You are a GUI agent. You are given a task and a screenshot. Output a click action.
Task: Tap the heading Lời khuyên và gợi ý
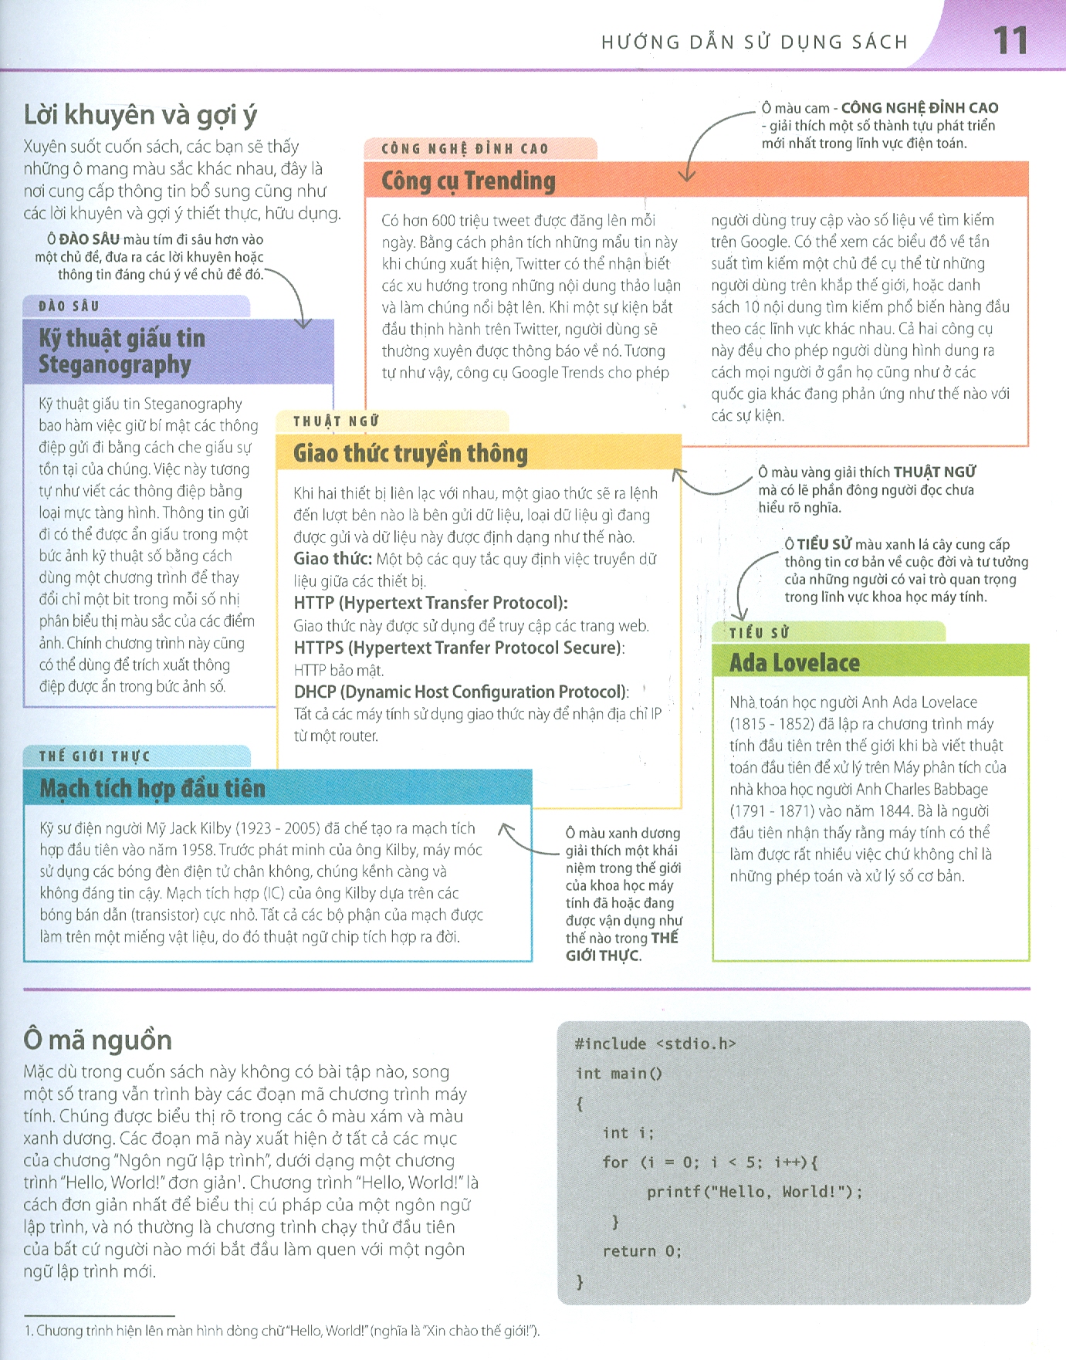pos(140,115)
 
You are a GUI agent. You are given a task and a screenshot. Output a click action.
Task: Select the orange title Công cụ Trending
pos(468,181)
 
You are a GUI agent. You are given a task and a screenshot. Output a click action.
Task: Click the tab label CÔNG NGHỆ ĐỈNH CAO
pos(465,148)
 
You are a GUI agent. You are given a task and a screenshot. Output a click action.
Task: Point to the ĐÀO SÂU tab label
pos(69,306)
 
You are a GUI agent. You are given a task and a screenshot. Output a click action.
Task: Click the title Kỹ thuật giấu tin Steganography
pos(122,350)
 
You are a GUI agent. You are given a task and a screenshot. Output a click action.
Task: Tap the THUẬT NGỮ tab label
pos(337,421)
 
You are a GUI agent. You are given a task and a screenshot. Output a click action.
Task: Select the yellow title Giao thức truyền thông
pos(410,453)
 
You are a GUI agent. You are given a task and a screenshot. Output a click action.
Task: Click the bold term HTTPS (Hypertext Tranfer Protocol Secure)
pos(459,648)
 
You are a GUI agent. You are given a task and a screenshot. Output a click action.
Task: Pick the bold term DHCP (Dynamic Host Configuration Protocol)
pos(461,692)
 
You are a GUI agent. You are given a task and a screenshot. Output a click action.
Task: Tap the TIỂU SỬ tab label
pos(760,632)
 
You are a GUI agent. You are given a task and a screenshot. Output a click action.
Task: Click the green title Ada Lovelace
pos(794,663)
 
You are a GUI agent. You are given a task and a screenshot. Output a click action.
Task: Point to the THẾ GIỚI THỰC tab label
pos(94,756)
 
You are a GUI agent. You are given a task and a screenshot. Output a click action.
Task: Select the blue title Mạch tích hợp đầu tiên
pos(152,788)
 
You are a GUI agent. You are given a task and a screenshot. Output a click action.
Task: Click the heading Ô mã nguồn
pos(97,1040)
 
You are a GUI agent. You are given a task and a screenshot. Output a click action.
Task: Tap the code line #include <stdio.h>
pos(655,1044)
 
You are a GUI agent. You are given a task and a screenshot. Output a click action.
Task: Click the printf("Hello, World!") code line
pos(754,1192)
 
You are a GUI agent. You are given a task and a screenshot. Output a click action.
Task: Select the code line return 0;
pos(642,1251)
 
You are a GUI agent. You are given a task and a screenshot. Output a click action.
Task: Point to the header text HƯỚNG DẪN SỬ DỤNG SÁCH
pos(754,42)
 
